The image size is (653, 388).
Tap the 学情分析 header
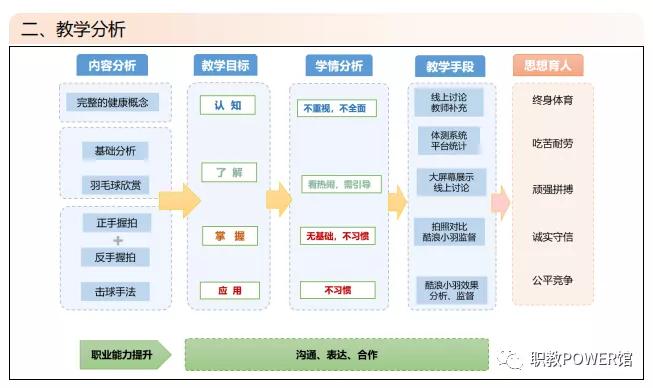point(339,66)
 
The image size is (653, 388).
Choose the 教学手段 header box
point(449,67)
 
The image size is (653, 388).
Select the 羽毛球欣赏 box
point(115,184)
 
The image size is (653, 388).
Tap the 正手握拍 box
point(115,224)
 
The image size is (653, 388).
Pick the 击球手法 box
point(115,292)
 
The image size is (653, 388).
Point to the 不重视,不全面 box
point(339,107)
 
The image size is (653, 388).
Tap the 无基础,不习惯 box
point(339,236)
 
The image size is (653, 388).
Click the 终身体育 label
point(553,101)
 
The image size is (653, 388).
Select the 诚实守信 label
point(553,237)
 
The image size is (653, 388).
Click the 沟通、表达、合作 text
point(337,354)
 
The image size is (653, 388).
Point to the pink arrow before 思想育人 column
point(500,202)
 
